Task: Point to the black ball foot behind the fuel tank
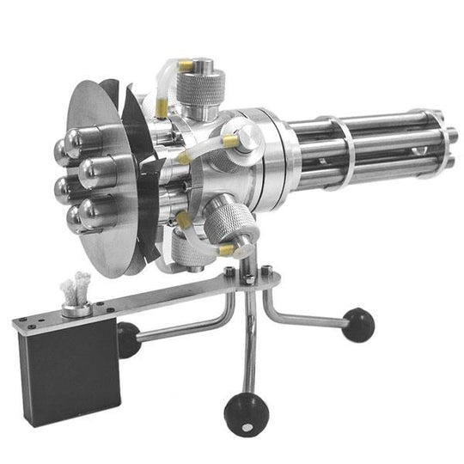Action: [x=128, y=339]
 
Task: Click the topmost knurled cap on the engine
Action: [x=199, y=82]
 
